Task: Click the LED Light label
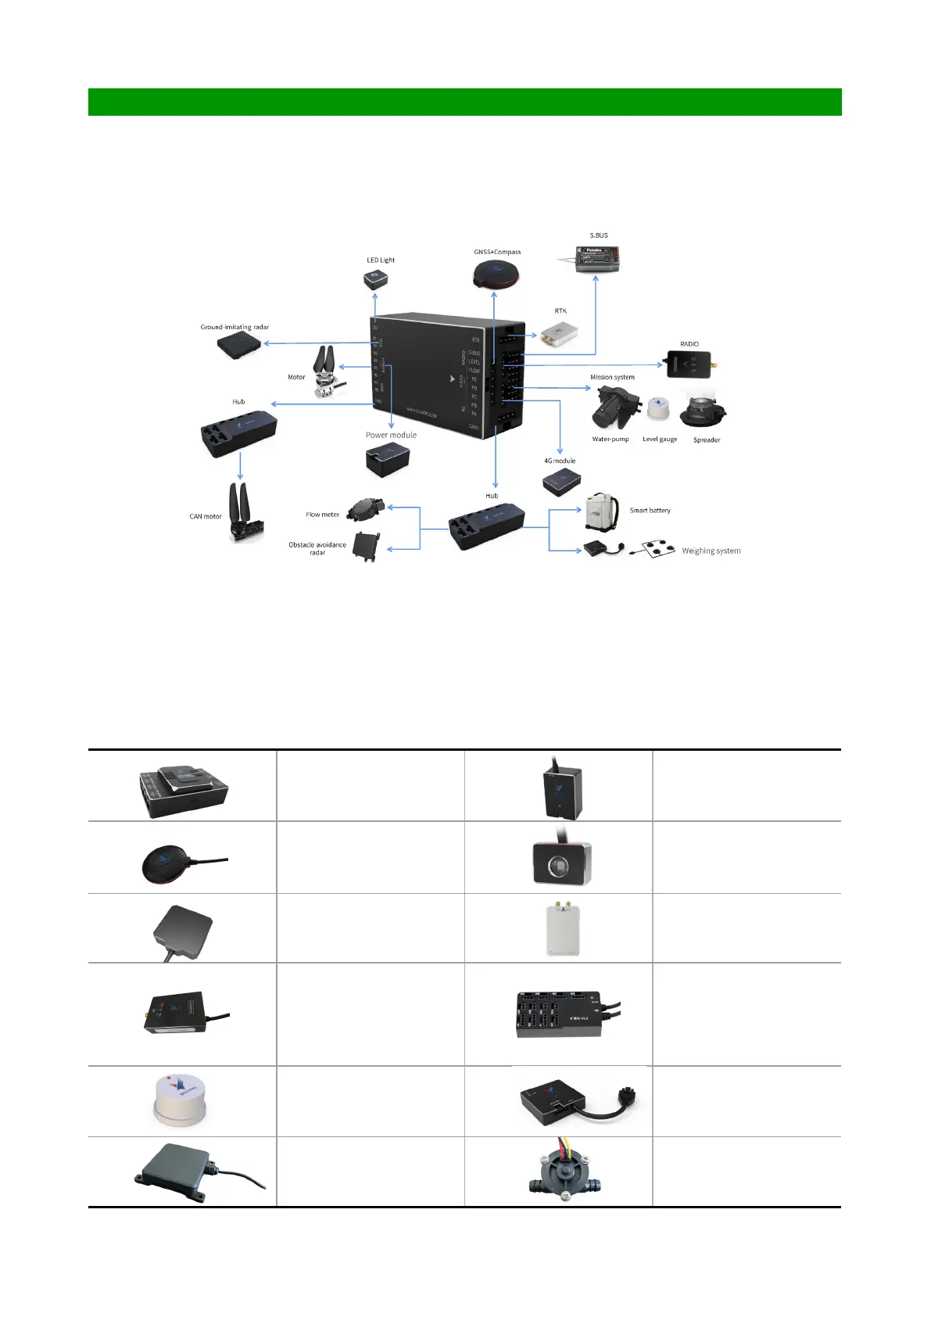(x=381, y=260)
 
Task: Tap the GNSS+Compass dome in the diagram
(x=496, y=275)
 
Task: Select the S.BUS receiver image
(x=598, y=258)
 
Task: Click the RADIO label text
(x=689, y=344)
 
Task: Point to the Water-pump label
(x=611, y=439)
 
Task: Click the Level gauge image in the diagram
(x=658, y=409)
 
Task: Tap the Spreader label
(x=707, y=440)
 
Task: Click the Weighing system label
(x=711, y=551)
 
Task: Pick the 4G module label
(x=560, y=461)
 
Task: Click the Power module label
(x=391, y=435)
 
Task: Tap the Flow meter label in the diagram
(x=322, y=515)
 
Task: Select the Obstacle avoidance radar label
(x=317, y=548)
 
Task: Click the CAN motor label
(x=206, y=516)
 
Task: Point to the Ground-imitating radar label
(x=235, y=327)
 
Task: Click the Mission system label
(x=612, y=377)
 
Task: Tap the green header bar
(x=464, y=102)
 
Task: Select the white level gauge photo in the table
(x=180, y=1100)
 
